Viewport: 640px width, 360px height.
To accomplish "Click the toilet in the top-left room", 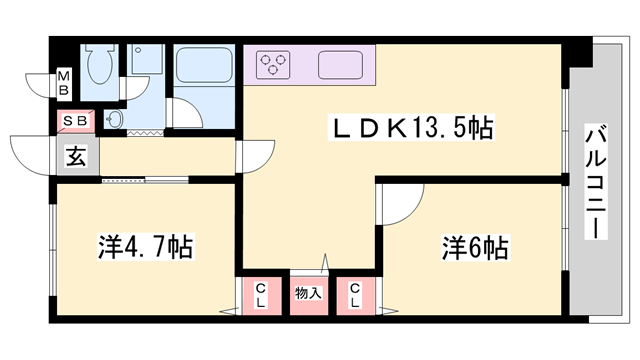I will pyautogui.click(x=98, y=67).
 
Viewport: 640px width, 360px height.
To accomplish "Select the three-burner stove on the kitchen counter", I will pyautogui.click(x=273, y=66).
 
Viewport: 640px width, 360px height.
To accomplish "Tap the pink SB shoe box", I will pyautogui.click(x=76, y=120).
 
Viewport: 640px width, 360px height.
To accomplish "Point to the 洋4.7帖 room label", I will pyautogui.click(x=145, y=244).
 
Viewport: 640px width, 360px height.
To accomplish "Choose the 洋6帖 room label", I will pyautogui.click(x=474, y=245).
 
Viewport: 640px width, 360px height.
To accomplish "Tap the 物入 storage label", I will pyautogui.click(x=308, y=293).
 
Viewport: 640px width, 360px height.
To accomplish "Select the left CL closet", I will pyautogui.click(x=260, y=294).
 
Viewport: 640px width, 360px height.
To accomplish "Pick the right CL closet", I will pyautogui.click(x=354, y=294).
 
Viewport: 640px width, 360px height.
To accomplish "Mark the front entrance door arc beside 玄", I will pyautogui.click(x=32, y=152).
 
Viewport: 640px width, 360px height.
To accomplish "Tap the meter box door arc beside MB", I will pyautogui.click(x=42, y=86).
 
